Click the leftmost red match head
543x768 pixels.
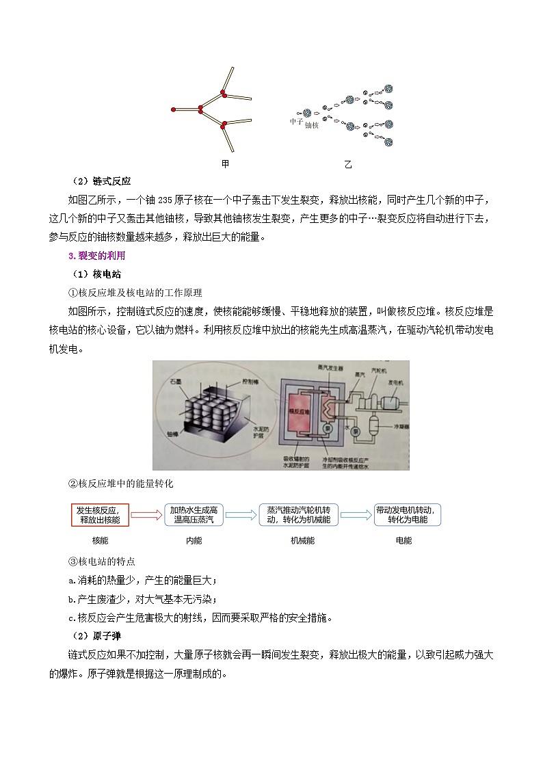click(174, 109)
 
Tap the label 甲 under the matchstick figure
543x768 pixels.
click(225, 164)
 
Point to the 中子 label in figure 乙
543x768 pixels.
click(295, 121)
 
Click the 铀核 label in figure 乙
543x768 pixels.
click(311, 125)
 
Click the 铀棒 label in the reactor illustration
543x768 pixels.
click(174, 453)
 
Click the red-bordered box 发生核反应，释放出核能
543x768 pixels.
click(99, 515)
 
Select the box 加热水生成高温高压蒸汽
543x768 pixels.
click(194, 515)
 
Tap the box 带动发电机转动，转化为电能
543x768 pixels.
click(408, 515)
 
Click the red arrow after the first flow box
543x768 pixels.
click(145, 515)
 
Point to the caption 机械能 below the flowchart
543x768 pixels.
click(302, 540)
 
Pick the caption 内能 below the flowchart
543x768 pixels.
click(194, 540)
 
